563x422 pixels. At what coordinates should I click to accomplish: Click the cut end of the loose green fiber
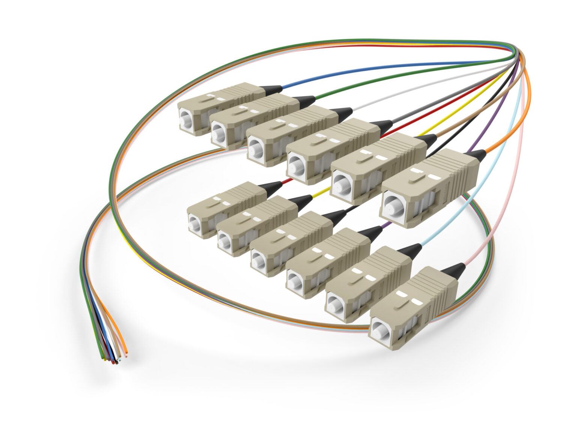tap(103, 358)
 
